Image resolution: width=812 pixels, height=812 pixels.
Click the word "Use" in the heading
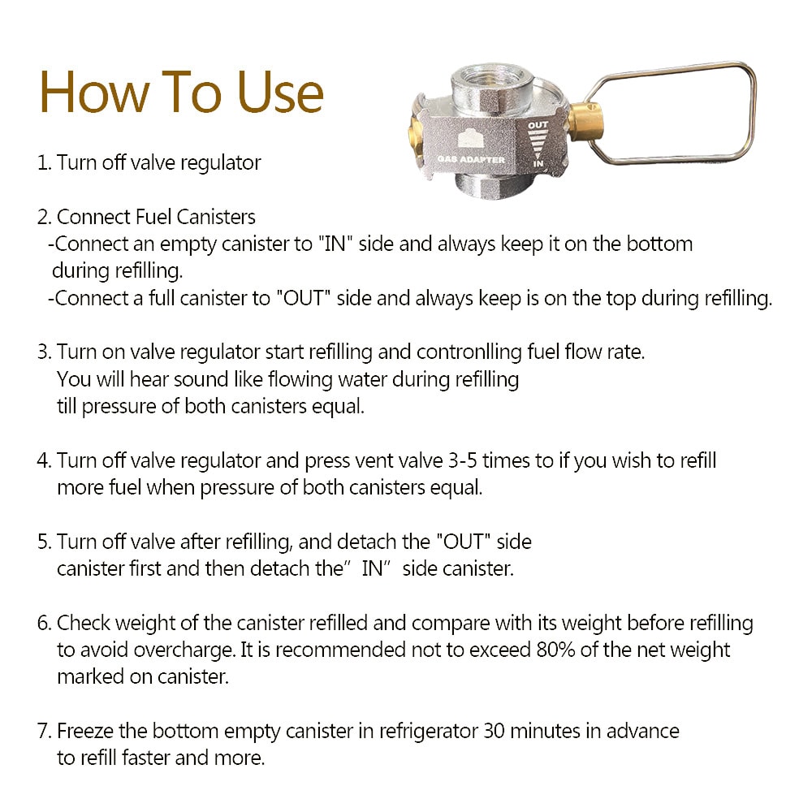[280, 93]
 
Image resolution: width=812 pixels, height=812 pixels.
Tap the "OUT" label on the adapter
[538, 125]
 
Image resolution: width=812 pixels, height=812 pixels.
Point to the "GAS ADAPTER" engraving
[471, 159]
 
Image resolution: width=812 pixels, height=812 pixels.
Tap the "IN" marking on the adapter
[538, 164]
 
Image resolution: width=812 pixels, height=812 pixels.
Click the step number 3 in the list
[44, 352]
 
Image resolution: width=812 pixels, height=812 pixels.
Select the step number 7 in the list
[44, 732]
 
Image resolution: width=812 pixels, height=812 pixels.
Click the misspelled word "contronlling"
[469, 352]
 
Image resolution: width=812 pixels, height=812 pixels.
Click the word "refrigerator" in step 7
[428, 732]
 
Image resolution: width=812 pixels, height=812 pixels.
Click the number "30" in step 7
[494, 732]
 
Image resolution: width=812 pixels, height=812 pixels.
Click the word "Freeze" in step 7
[85, 732]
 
